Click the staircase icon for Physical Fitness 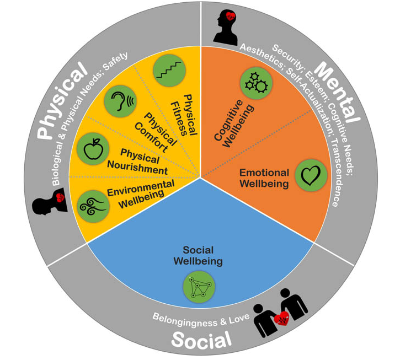tap(167, 69)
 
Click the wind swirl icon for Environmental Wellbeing tap(92, 206)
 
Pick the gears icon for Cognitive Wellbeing tap(256, 83)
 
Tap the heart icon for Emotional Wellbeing tap(311, 174)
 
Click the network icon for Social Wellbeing tap(199, 286)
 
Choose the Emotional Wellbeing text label tap(264, 178)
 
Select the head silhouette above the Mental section tap(226, 27)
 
